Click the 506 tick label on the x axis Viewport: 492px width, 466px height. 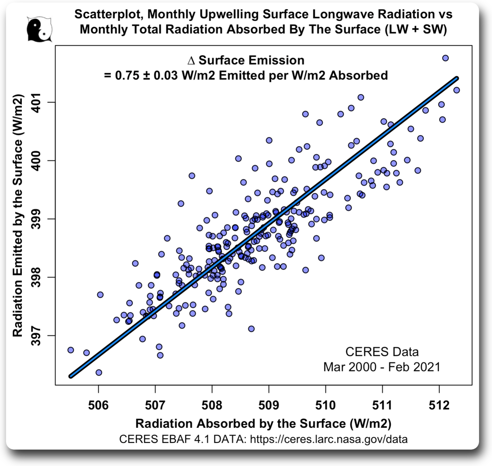point(98,405)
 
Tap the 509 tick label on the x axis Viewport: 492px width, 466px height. point(268,405)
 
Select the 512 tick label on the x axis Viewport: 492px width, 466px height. point(439,405)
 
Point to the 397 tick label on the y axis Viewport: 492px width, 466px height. point(36,335)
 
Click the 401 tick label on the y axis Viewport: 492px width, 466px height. point(36,102)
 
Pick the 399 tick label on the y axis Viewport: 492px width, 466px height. point(36,219)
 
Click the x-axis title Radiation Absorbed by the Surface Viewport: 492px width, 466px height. point(263,423)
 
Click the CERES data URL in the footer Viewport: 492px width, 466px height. point(328,439)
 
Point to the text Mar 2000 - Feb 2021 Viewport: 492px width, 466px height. point(381,367)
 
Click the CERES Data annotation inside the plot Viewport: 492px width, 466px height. point(382,352)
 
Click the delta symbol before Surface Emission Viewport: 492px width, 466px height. point(191,61)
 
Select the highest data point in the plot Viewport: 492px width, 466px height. point(445,58)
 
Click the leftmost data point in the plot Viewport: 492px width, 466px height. point(71,350)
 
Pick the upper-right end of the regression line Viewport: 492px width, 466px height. point(457,78)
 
